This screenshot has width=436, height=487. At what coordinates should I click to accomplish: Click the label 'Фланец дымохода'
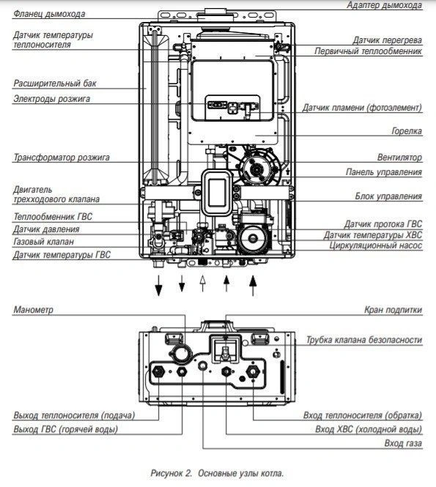coord(48,14)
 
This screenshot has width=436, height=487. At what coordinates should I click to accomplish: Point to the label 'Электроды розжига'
coord(51,99)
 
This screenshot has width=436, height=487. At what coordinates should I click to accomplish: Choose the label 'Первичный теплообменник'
coord(368,52)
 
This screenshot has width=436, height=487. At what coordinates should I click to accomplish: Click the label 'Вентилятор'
coord(399,157)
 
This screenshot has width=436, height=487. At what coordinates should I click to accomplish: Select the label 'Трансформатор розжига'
coord(61,157)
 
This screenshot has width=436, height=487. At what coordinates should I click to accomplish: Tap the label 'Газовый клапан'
coord(43,241)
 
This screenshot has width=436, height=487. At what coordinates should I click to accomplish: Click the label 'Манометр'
coord(33,311)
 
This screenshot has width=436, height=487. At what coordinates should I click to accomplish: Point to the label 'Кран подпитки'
coord(393,311)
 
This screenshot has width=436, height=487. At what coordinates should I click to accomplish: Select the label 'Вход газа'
coord(403,444)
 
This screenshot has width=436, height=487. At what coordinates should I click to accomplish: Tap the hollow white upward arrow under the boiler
coord(204,283)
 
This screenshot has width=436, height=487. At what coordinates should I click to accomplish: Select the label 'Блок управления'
coord(388,196)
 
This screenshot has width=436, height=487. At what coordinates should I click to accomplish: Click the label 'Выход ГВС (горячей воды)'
coord(65,429)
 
